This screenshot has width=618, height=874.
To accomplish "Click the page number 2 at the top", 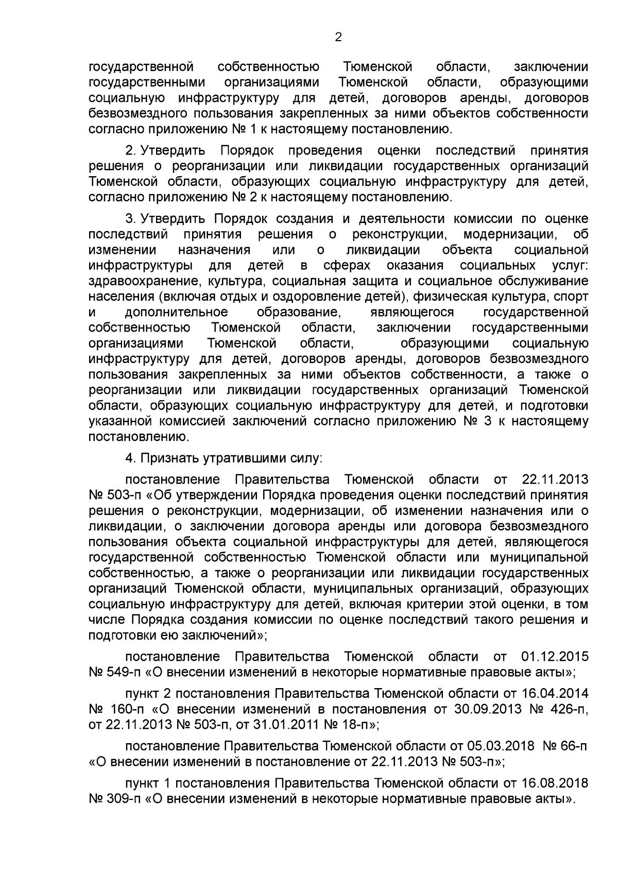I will pos(338,37).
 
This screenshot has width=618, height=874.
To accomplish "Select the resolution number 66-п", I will pos(572,747).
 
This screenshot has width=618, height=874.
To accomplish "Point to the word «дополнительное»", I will pos(176,313).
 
